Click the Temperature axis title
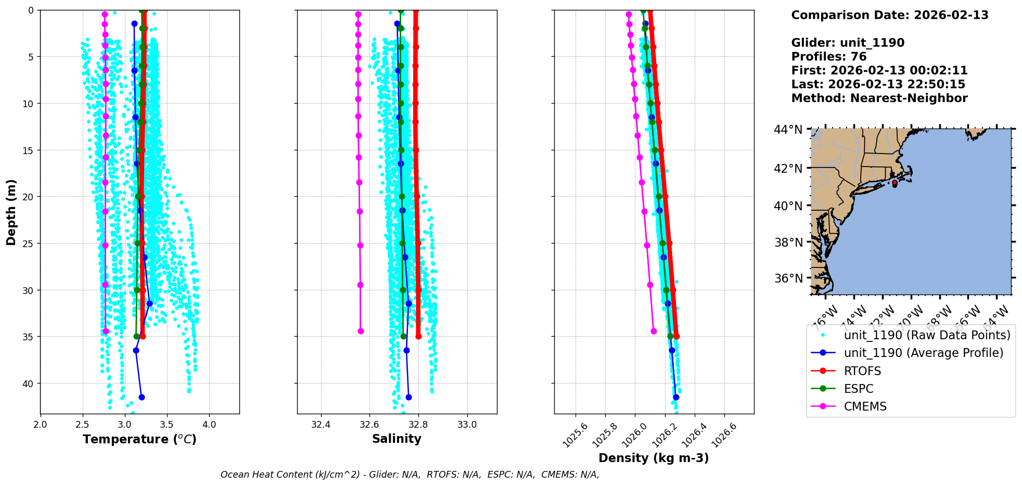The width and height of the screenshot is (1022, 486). (139, 439)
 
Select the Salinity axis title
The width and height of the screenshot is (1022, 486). (397, 439)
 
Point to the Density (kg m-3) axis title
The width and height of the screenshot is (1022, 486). (654, 458)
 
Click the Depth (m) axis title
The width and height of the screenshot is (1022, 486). (11, 212)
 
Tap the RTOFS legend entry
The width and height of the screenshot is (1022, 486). (862, 371)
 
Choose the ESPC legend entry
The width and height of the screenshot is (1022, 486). (859, 389)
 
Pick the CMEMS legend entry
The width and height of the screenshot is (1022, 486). (865, 406)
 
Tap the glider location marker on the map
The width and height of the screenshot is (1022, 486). (895, 184)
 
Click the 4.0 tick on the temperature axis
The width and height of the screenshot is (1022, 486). (209, 425)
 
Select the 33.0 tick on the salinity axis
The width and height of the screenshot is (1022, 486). (467, 425)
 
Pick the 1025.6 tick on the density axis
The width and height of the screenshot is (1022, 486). (576, 434)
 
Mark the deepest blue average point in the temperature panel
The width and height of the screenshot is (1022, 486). (142, 397)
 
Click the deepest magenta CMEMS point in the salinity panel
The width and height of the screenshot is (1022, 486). (361, 331)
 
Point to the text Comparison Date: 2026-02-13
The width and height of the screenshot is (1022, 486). (889, 15)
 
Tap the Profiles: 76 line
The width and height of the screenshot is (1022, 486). (828, 57)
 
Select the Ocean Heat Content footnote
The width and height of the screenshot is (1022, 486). (410, 475)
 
